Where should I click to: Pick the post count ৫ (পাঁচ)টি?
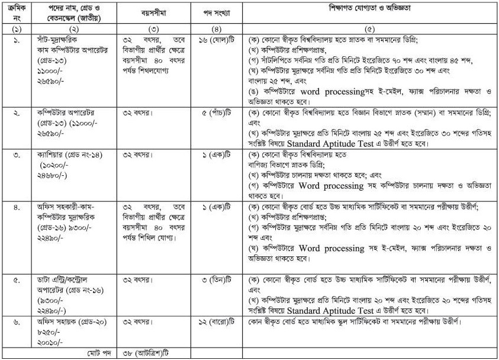tap(214, 112)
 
